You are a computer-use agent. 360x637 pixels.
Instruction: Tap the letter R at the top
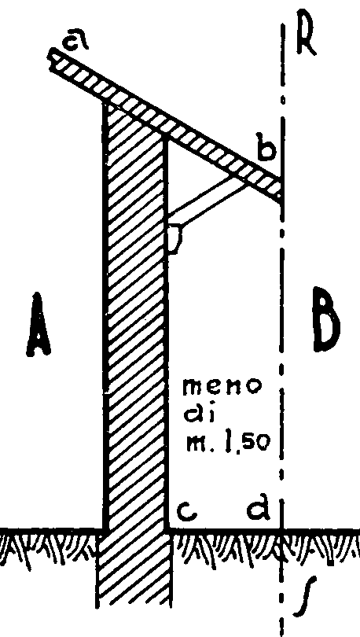pos(306,38)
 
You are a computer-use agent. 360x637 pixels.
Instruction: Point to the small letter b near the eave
pos(266,149)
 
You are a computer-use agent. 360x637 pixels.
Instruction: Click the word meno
pos(222,388)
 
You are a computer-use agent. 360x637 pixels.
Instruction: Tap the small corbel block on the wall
pos(174,240)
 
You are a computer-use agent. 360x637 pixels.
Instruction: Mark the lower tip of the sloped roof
pos(281,199)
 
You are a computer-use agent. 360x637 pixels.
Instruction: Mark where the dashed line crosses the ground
pos(281,530)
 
